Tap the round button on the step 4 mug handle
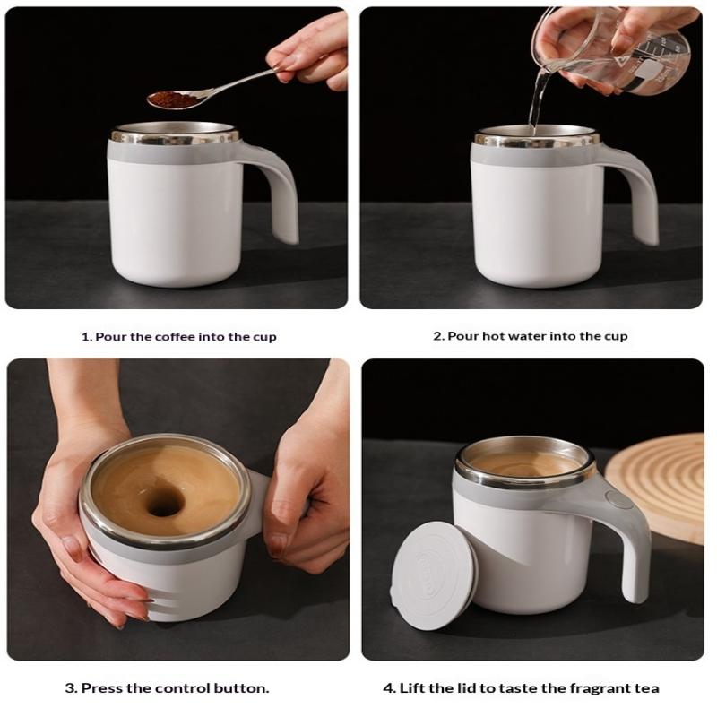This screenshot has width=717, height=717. click(x=617, y=499)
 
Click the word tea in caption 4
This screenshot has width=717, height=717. click(x=648, y=688)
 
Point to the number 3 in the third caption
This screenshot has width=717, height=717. click(x=70, y=688)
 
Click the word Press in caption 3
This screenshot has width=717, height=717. click(x=99, y=688)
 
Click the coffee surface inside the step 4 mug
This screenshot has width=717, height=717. click(x=525, y=464)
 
